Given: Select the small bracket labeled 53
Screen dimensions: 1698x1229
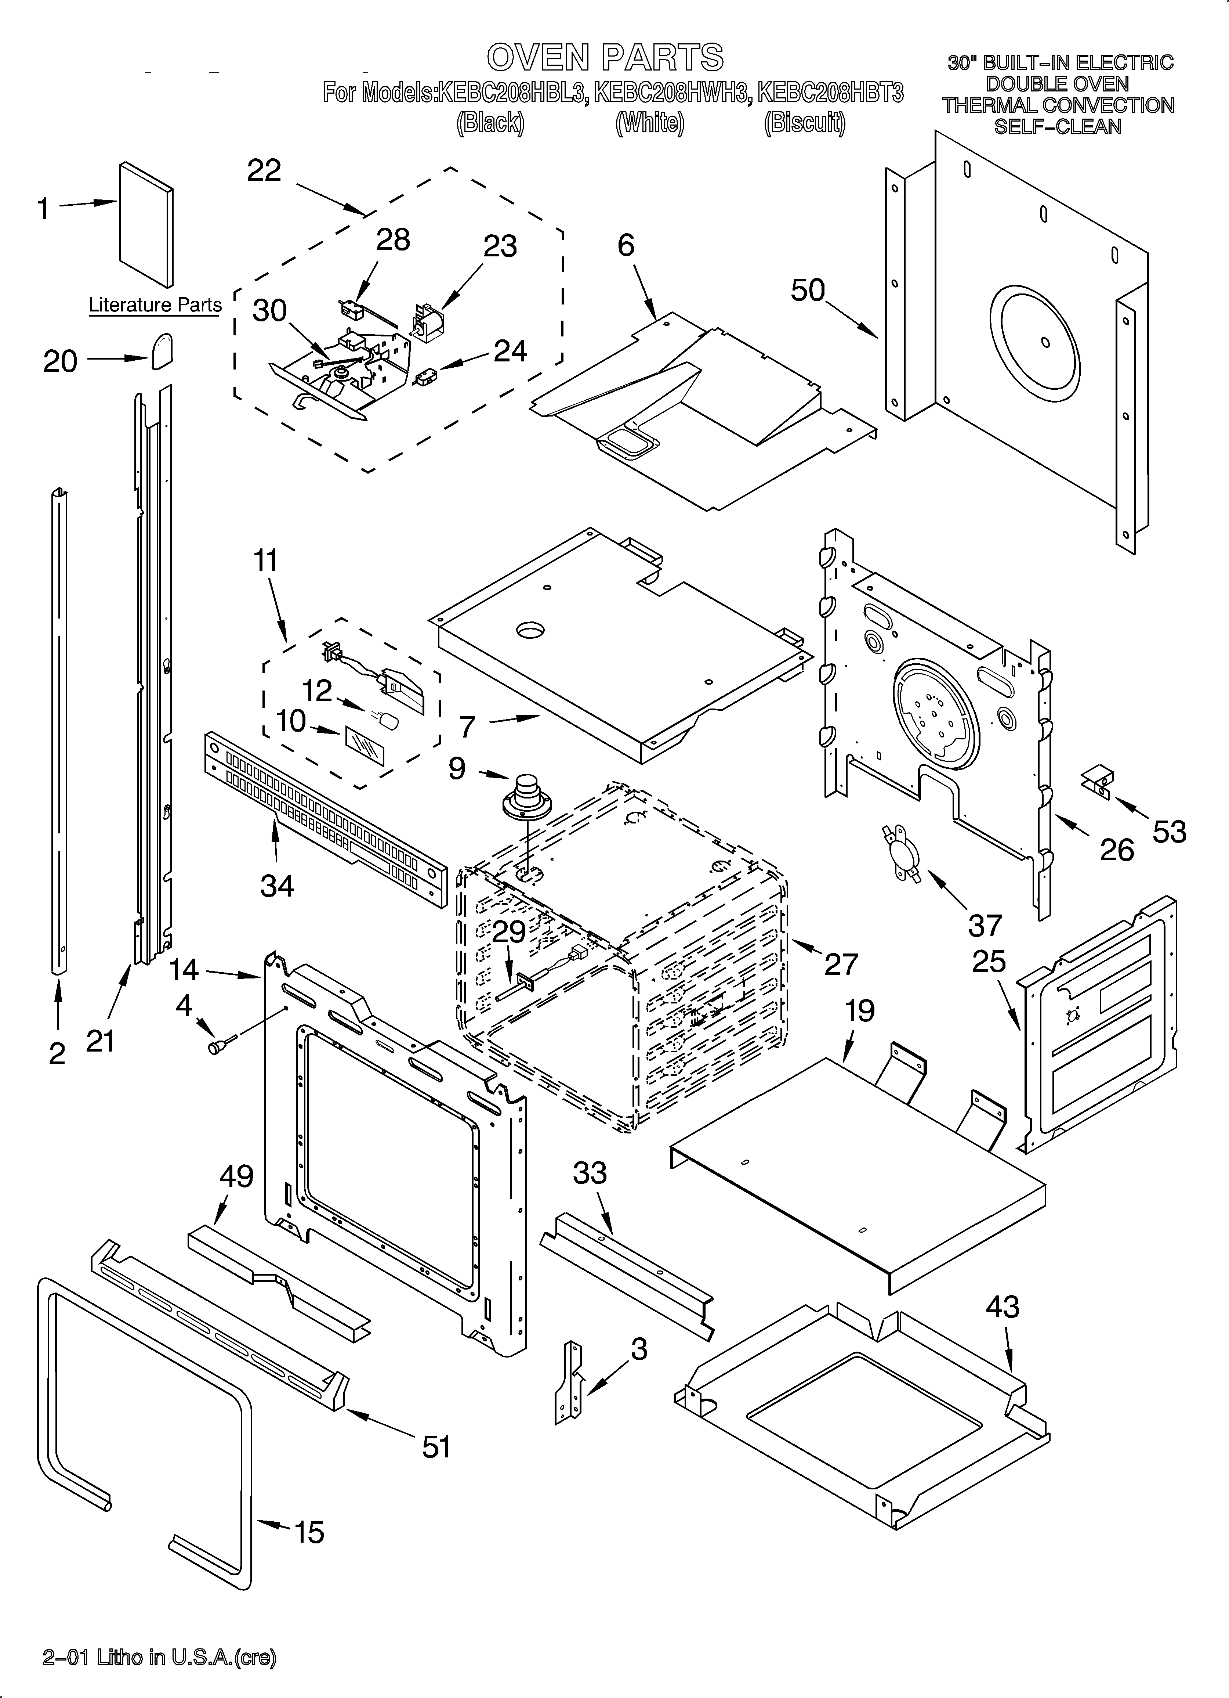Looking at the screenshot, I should click(1098, 780).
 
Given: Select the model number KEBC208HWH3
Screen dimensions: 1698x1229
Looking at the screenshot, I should click(671, 93).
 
